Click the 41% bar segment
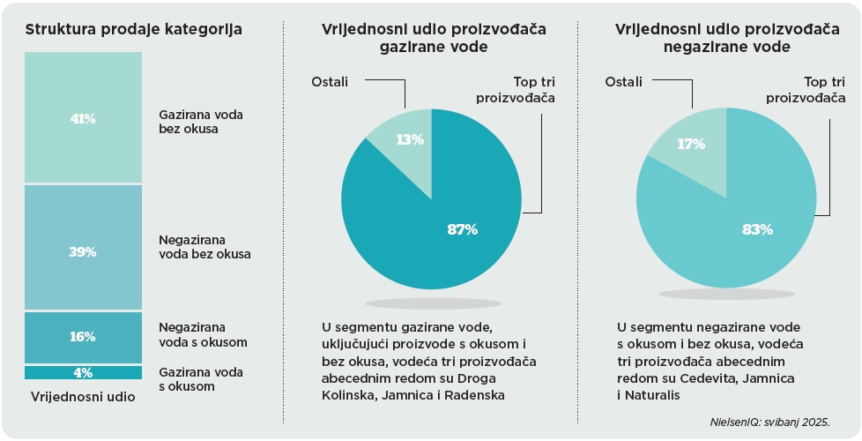[x=83, y=117]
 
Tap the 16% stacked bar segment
[x=83, y=337]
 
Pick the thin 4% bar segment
[x=83, y=372]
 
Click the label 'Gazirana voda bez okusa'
[x=201, y=122]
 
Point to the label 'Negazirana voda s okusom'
[x=203, y=333]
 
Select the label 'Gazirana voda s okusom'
[x=201, y=378]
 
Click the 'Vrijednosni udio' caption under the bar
[x=83, y=397]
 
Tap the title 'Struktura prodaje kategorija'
[x=134, y=29]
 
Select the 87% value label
[x=462, y=229]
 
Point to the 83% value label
[x=757, y=229]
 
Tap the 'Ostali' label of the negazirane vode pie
[x=623, y=82]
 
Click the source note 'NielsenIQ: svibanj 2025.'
[x=769, y=422]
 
